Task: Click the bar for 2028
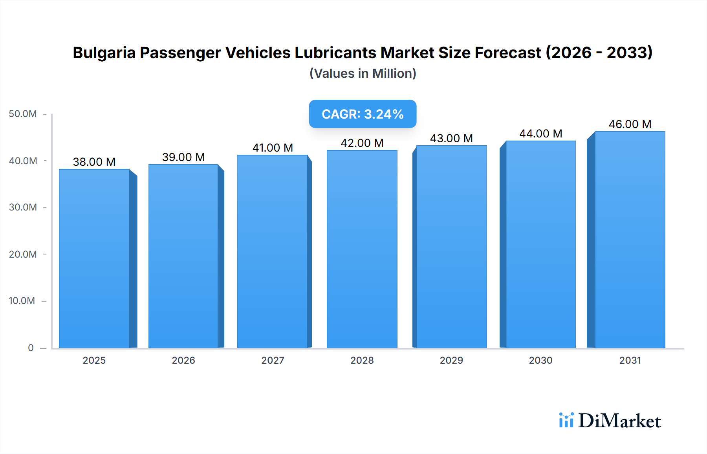pyautogui.click(x=362, y=249)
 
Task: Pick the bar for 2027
pyautogui.click(x=272, y=251)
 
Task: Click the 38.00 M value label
pyautogui.click(x=94, y=162)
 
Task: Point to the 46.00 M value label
pyautogui.click(x=630, y=124)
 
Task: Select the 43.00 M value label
pyautogui.click(x=451, y=138)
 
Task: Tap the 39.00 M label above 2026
pyautogui.click(x=183, y=157)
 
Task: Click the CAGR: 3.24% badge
pyautogui.click(x=363, y=114)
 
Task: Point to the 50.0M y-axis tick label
pyautogui.click(x=23, y=114)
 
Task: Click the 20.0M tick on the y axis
pyautogui.click(x=23, y=254)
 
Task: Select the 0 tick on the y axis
pyautogui.click(x=31, y=348)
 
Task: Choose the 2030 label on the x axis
pyautogui.click(x=540, y=360)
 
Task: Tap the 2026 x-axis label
pyautogui.click(x=183, y=360)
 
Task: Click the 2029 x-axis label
pyautogui.click(x=451, y=360)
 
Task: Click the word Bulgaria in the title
pyautogui.click(x=104, y=53)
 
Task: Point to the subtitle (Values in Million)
pyautogui.click(x=363, y=73)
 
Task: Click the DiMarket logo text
pyautogui.click(x=619, y=421)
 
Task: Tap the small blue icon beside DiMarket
pyautogui.click(x=566, y=420)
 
